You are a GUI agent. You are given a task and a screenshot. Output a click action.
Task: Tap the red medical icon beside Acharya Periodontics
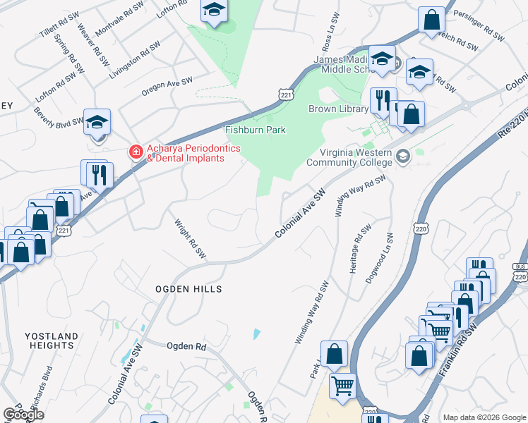pos(135,152)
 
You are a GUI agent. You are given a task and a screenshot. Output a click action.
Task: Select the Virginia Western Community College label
pos(349,157)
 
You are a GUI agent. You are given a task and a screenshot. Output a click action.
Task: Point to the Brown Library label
pos(338,109)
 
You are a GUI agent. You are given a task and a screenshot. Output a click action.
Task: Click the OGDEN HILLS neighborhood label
pos(189,289)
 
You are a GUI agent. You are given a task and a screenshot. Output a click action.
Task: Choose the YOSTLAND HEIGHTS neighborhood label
pos(49,341)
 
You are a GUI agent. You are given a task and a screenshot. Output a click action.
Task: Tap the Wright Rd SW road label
pos(190,238)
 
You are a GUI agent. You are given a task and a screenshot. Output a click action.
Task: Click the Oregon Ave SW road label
pos(167,86)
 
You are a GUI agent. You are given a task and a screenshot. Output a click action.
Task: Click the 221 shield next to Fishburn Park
pos(285,94)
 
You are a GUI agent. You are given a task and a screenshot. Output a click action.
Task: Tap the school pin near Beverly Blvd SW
pos(97,122)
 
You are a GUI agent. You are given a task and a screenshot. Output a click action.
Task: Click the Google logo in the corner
pos(23,415)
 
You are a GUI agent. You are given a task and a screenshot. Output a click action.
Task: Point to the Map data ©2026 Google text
pos(484,417)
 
